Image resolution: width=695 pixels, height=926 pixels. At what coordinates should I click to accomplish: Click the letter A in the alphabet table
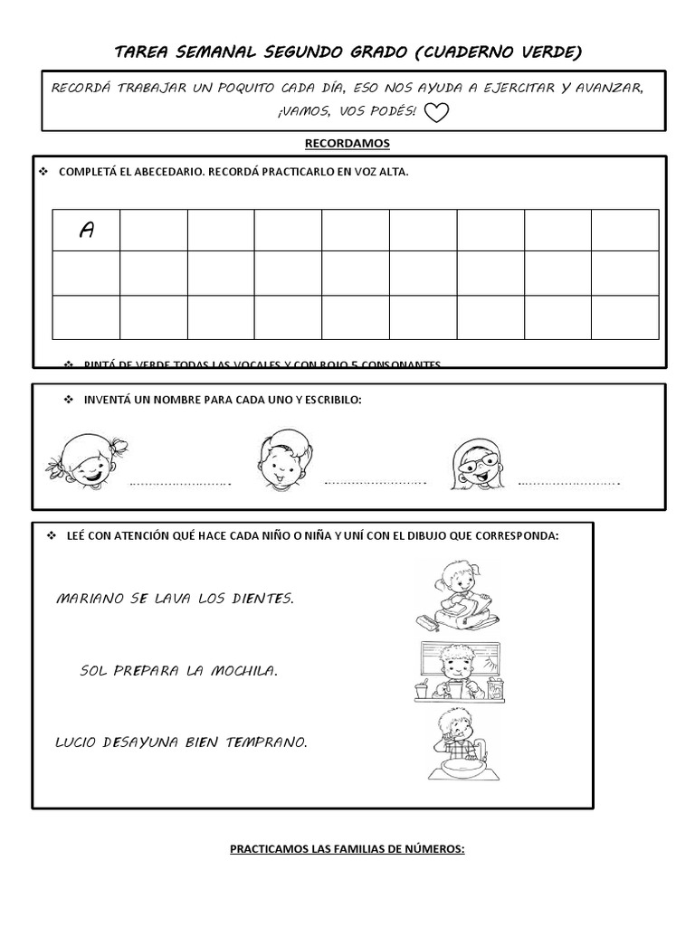click(87, 231)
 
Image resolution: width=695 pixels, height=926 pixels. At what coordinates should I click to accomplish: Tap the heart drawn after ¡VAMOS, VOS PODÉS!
click(437, 112)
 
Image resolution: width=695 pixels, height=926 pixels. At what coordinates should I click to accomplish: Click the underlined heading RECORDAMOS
click(347, 143)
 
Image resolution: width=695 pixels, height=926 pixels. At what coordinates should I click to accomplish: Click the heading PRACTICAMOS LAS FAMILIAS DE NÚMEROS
click(347, 849)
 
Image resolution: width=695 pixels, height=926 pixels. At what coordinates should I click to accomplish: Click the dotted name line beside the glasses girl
click(569, 483)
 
